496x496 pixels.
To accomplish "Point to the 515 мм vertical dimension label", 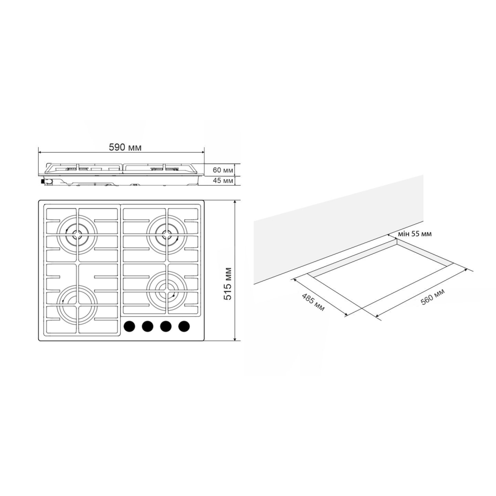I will tap(228, 283).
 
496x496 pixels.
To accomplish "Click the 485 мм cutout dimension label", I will tap(313, 301).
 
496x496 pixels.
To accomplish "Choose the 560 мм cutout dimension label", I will tap(433, 295).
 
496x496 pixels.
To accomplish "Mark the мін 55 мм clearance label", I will tap(414, 234).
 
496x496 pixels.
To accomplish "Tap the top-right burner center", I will tap(166, 235).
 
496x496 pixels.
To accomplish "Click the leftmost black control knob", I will tap(129, 326).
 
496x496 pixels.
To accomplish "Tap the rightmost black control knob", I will tap(184, 326).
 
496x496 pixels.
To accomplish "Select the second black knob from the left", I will tap(147, 326).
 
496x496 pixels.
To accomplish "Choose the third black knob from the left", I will tap(166, 326).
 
